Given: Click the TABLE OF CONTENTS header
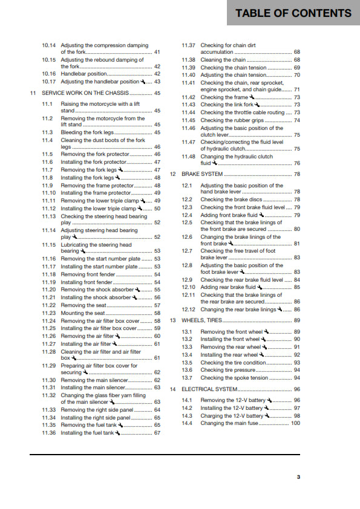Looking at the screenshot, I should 293,13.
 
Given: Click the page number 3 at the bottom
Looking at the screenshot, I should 298,478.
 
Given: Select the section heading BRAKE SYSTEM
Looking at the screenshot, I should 203,174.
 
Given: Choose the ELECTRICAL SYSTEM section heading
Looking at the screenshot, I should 209,390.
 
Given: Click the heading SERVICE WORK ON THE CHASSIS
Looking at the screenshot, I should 85,93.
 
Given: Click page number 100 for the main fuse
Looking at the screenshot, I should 295,423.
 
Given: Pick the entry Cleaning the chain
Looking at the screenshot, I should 223,60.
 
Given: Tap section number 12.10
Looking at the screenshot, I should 188,287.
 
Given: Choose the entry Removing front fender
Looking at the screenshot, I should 88,274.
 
